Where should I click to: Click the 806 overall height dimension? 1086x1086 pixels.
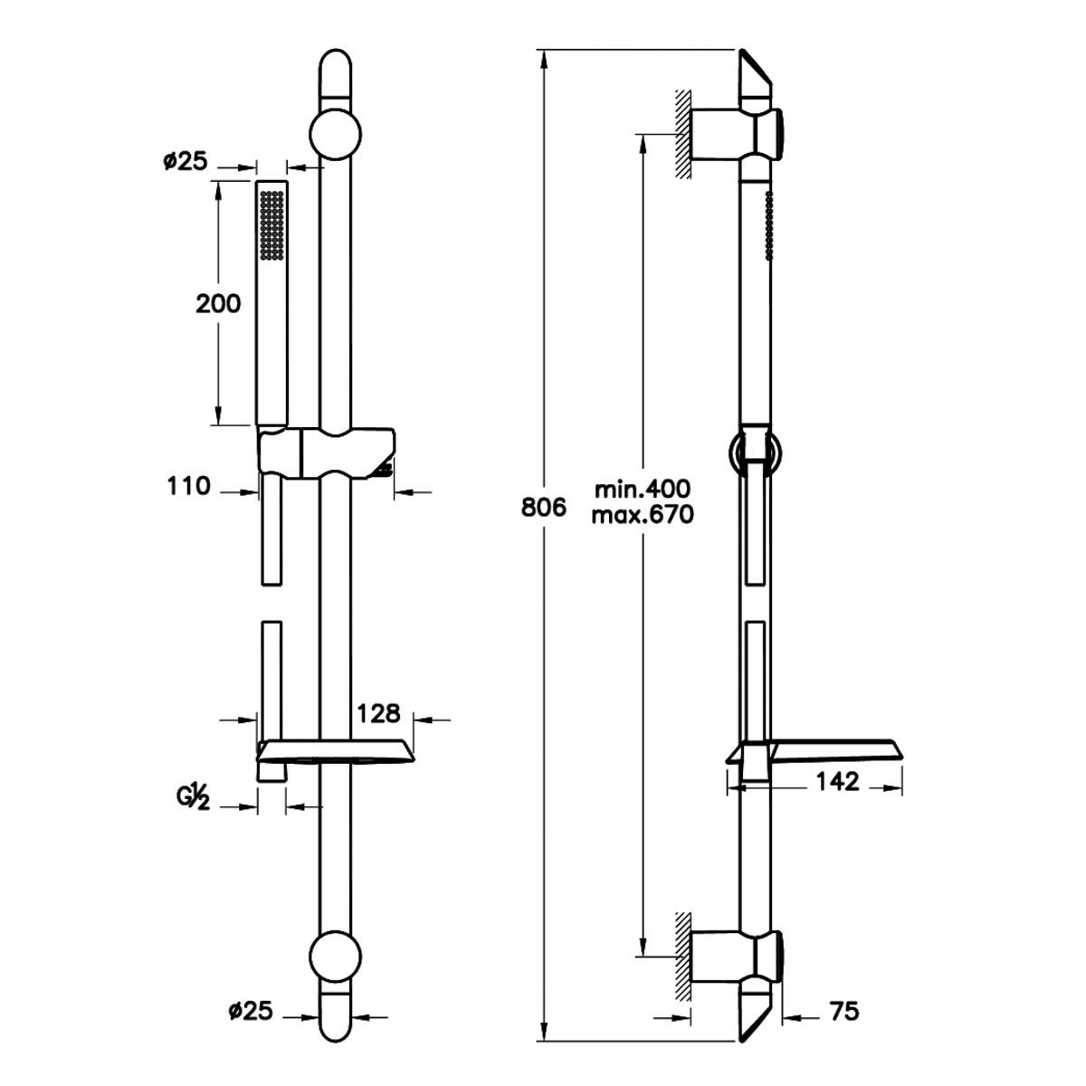coord(543,508)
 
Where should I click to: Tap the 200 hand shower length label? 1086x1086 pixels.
coord(218,304)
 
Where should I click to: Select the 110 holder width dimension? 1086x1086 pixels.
coord(188,486)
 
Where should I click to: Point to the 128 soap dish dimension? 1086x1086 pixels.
coord(378,713)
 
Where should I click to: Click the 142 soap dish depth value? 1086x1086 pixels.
coord(837,781)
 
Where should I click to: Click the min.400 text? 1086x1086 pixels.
coord(643,490)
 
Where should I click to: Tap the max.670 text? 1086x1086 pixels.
coord(643,515)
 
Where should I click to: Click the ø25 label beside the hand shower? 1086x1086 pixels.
coord(186,162)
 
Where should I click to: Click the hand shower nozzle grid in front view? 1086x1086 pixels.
coord(271,225)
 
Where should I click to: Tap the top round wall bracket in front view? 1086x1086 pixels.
coord(336,134)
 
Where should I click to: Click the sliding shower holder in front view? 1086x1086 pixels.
coord(327,454)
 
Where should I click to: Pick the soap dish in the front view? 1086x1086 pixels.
coord(336,752)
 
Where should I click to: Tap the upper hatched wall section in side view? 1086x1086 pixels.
coord(683,134)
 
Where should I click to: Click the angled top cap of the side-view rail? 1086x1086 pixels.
coord(755,73)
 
